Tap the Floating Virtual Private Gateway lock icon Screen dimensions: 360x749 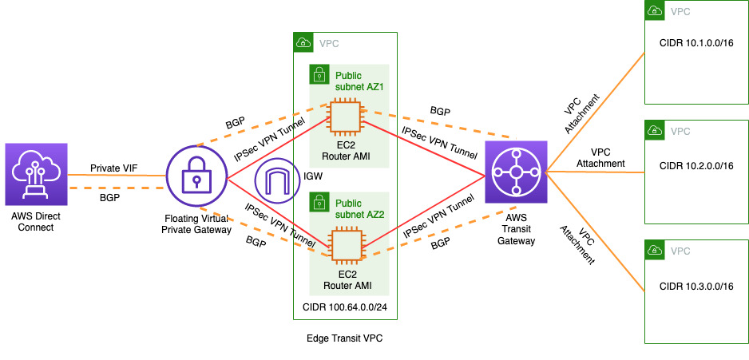point(196,179)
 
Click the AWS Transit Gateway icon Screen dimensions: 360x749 point(515,172)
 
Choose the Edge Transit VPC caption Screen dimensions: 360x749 point(344,338)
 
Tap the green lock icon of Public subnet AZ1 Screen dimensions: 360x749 point(319,75)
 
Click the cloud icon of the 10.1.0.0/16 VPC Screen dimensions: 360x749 point(655,11)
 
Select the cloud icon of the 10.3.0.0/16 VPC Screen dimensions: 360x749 point(655,251)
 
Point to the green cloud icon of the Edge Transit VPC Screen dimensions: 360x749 point(303,42)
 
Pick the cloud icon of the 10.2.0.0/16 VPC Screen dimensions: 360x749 point(655,131)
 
